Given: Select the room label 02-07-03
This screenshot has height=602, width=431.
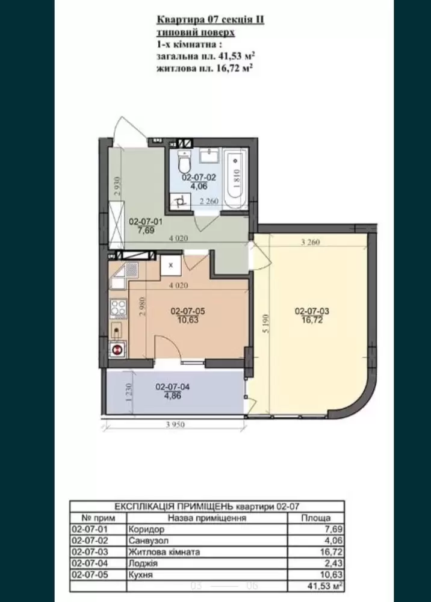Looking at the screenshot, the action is (x=312, y=311).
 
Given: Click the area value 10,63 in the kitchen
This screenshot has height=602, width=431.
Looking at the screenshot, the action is (x=188, y=319).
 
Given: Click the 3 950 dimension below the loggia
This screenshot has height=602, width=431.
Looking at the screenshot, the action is (x=175, y=424).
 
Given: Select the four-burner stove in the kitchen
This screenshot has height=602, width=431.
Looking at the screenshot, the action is (x=118, y=309).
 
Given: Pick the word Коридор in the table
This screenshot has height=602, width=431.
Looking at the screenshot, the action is (x=147, y=529).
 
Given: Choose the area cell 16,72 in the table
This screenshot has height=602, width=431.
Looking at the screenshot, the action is (x=332, y=552).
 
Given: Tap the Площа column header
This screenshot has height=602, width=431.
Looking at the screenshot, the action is (x=315, y=518).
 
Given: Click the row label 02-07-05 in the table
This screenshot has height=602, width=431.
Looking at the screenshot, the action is (x=90, y=575).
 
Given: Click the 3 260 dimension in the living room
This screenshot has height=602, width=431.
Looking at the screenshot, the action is (x=311, y=242).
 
